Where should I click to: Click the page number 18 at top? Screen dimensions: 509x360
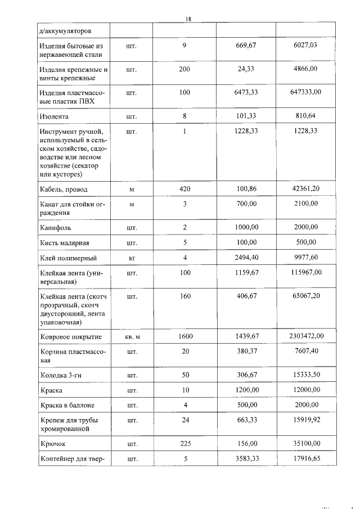(x=188, y=19)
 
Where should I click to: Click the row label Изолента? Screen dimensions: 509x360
(x=55, y=117)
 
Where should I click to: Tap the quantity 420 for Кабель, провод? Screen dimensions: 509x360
(x=184, y=189)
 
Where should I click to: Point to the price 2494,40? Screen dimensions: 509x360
(x=246, y=258)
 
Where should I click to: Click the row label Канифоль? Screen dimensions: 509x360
(x=55, y=228)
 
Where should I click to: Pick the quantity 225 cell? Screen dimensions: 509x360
(x=184, y=443)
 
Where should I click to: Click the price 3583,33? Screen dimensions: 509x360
(x=246, y=458)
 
